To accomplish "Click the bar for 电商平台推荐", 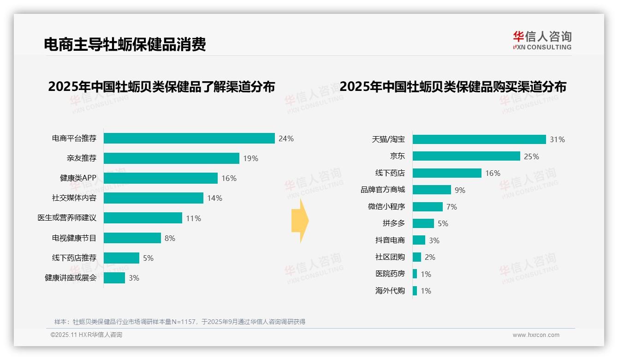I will [189, 138].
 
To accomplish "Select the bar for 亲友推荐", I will [171, 158].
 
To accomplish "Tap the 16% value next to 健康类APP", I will [229, 178].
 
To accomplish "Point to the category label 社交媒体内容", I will [74, 198].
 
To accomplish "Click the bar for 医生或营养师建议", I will [143, 218].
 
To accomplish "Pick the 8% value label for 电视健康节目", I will [170, 238].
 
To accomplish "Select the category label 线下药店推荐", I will [74, 258].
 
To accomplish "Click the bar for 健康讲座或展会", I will [114, 278].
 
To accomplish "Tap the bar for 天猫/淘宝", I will [479, 139].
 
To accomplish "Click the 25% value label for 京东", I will [531, 156].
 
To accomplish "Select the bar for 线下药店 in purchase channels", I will [447, 173].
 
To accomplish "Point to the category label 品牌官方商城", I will [383, 190].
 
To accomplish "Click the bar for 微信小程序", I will [428, 207].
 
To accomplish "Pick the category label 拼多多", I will [394, 223].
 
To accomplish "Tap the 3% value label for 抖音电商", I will [434, 240].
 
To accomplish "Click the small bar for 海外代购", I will [415, 291].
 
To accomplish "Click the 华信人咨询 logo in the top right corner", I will [542, 40].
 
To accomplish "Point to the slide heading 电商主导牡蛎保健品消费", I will [125, 44].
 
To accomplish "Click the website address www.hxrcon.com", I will [536, 335].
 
